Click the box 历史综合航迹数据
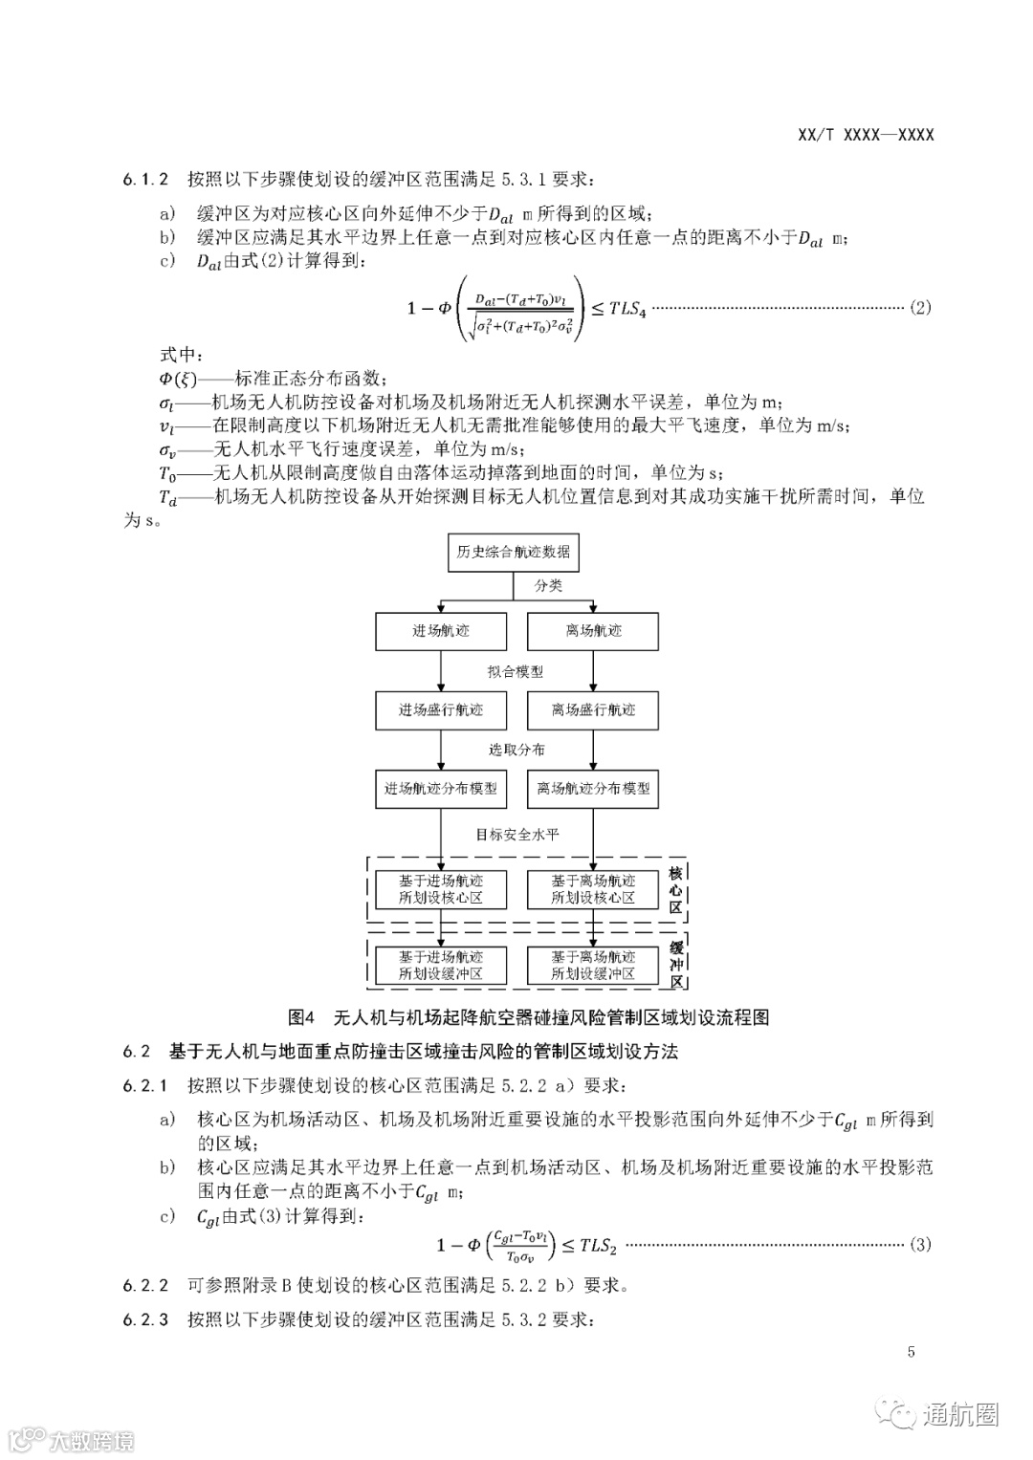click(514, 552)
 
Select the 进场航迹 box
click(440, 631)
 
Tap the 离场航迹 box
click(593, 631)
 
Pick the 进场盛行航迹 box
click(440, 710)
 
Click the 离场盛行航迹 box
click(593, 710)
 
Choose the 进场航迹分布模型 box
click(440, 790)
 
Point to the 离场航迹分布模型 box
click(593, 790)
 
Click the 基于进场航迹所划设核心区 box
click(440, 889)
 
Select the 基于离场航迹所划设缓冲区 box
click(593, 966)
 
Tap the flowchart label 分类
click(548, 586)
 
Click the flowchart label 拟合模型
click(516, 671)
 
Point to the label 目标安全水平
click(517, 835)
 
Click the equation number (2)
click(919, 308)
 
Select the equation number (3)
click(919, 1245)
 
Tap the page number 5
click(912, 1352)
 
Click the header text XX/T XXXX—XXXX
click(865, 135)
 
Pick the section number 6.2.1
click(145, 1086)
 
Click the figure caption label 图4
click(301, 1016)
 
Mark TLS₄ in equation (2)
click(627, 309)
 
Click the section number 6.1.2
click(145, 179)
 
